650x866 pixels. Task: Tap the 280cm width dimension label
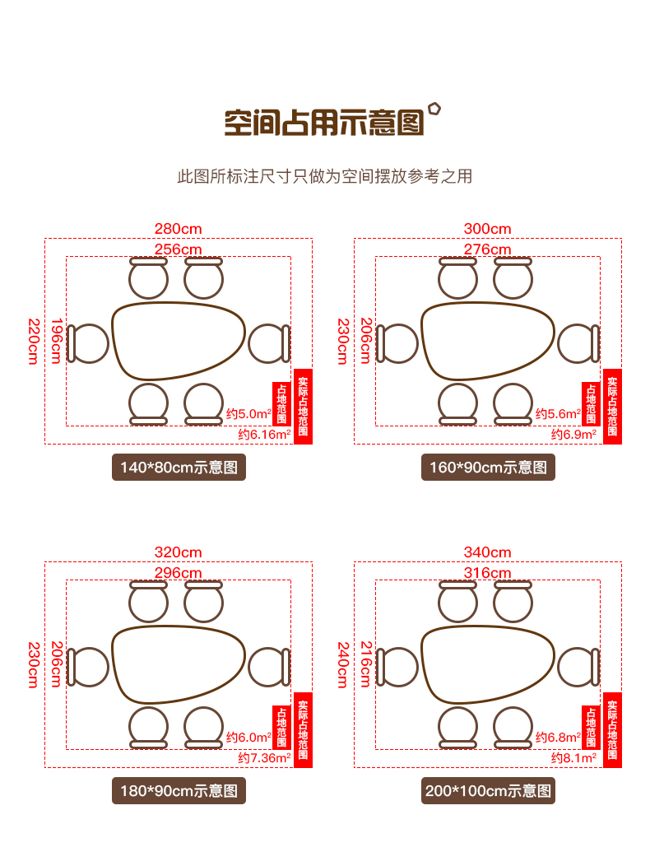pyautogui.click(x=179, y=229)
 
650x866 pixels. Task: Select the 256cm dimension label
pyautogui.click(x=179, y=249)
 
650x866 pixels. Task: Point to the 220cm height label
pyautogui.click(x=34, y=342)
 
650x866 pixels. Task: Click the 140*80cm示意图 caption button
pyautogui.click(x=179, y=468)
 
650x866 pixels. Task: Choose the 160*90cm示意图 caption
pyautogui.click(x=488, y=468)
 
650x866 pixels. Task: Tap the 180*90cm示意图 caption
pyautogui.click(x=179, y=791)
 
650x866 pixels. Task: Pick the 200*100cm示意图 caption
pyautogui.click(x=488, y=791)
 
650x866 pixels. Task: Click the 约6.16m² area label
pyautogui.click(x=265, y=435)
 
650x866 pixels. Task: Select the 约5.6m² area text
pyautogui.click(x=559, y=414)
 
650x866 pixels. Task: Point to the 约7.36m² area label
pyautogui.click(x=265, y=758)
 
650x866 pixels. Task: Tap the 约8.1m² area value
pyautogui.click(x=573, y=758)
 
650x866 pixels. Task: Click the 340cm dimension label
pyautogui.click(x=488, y=552)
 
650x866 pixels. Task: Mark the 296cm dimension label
pyautogui.click(x=179, y=573)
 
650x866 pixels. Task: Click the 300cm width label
pyautogui.click(x=488, y=229)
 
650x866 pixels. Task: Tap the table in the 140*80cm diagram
pyautogui.click(x=179, y=341)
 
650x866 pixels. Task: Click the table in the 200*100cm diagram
pyautogui.click(x=488, y=664)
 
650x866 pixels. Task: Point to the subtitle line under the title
pyautogui.click(x=325, y=177)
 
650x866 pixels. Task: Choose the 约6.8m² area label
pyautogui.click(x=559, y=738)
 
